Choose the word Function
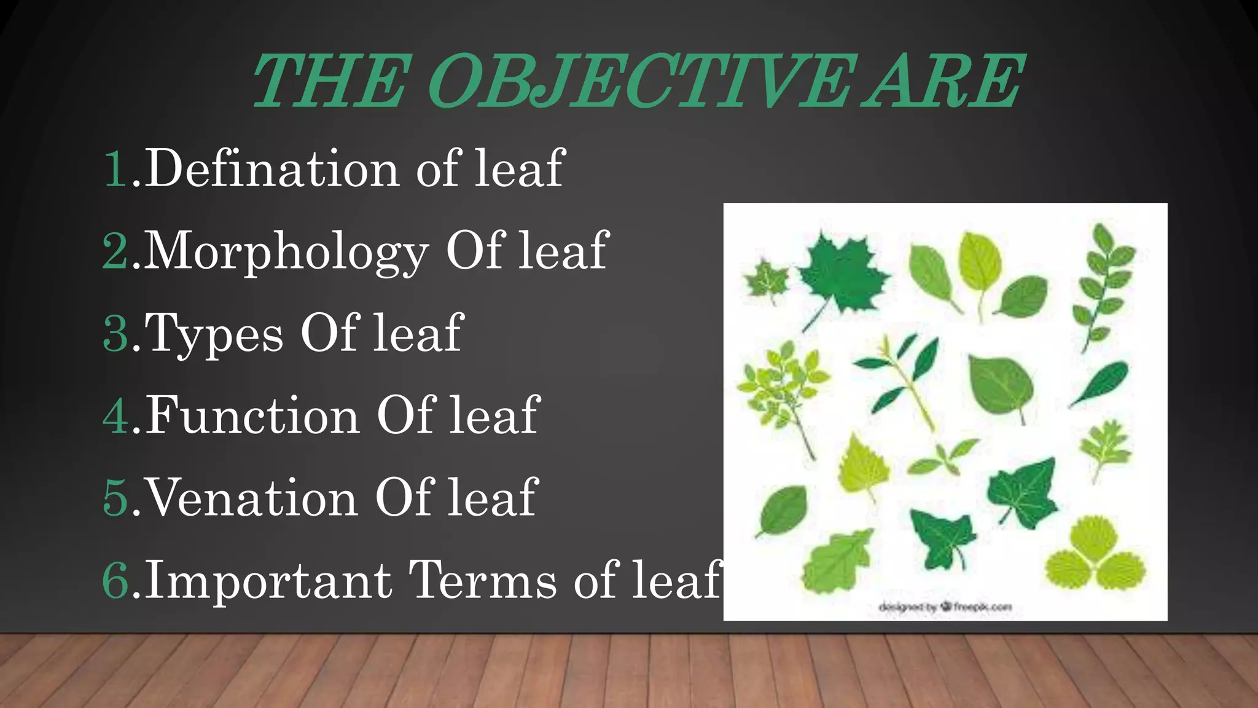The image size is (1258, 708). point(252,416)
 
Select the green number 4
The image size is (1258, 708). point(116,416)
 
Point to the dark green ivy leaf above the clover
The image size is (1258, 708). point(1022,492)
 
